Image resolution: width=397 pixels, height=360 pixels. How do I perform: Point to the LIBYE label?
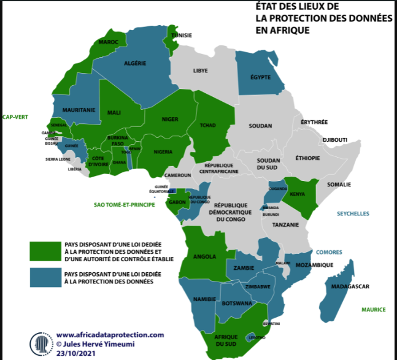200,71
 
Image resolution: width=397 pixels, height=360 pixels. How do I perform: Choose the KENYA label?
297,195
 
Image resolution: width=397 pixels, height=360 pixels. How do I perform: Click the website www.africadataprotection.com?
110,335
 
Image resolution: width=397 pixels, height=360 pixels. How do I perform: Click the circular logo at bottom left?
40,343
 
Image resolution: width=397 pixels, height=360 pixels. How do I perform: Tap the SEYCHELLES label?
353,213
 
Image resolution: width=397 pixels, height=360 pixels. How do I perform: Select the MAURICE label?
373,310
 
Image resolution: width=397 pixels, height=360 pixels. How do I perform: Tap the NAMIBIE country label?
204,298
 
